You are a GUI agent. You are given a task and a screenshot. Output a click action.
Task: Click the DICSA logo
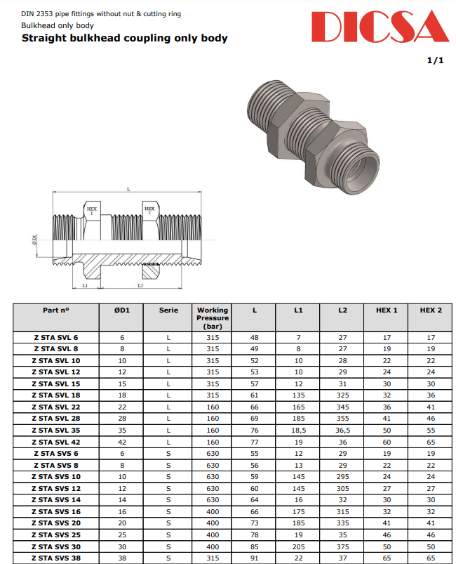[380, 27]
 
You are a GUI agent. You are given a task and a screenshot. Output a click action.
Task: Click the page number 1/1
[435, 60]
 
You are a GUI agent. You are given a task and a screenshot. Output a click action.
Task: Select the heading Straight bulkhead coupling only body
[124, 38]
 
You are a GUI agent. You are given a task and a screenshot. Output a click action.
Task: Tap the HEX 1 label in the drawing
[92, 210]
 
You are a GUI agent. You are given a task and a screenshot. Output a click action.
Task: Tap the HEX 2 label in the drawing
[149, 210]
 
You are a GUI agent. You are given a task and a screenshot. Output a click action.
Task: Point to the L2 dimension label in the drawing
[140, 286]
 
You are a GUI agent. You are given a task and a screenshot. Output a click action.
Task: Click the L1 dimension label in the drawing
[85, 286]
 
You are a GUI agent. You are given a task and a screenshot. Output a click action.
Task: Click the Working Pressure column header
[213, 318]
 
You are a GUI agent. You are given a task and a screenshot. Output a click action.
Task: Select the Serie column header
[168, 310]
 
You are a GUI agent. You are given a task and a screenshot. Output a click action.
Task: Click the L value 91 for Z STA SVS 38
[255, 558]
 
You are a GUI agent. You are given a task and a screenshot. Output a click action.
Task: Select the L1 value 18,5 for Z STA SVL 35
[298, 430]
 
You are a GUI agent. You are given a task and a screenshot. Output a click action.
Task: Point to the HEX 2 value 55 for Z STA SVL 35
[431, 430]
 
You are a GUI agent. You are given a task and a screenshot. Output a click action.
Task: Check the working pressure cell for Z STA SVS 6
[213, 453]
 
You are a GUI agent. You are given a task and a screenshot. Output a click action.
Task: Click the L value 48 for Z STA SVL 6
[255, 338]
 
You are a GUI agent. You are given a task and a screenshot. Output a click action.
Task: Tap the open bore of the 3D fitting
[363, 167]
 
